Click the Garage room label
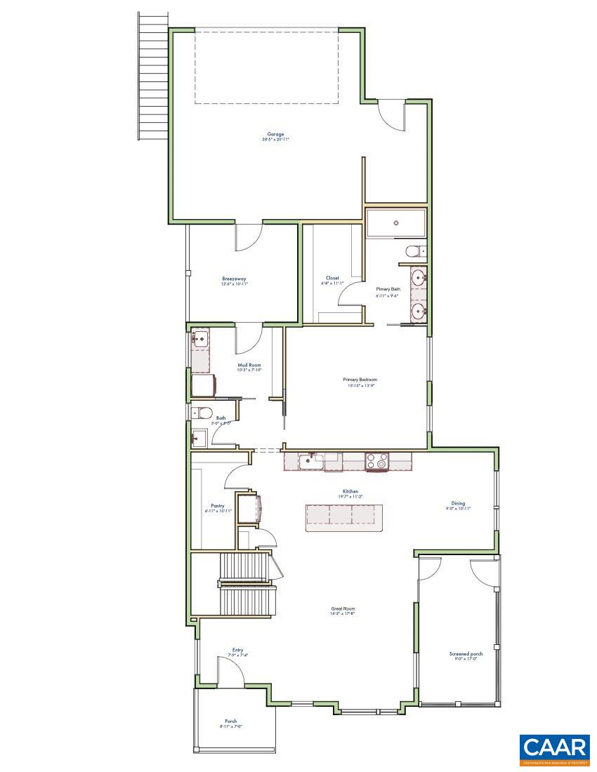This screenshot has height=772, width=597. pyautogui.click(x=275, y=134)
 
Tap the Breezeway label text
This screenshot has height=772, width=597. pyautogui.click(x=234, y=279)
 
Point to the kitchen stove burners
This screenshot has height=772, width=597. pyautogui.click(x=376, y=461)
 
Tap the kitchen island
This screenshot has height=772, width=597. pyautogui.click(x=343, y=517)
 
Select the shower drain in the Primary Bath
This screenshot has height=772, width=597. pyautogui.click(x=396, y=223)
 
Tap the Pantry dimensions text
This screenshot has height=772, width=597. pyautogui.click(x=218, y=511)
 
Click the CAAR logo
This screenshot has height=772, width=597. pyautogui.click(x=554, y=750)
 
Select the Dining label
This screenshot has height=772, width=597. pyautogui.click(x=458, y=503)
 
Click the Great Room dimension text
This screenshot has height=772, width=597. pyautogui.click(x=343, y=613)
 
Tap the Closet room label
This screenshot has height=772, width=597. pyautogui.click(x=332, y=278)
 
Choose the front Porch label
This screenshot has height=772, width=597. pyautogui.click(x=230, y=721)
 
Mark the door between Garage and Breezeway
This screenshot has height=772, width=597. pyautogui.click(x=249, y=237)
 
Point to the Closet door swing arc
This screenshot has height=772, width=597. pyautogui.click(x=349, y=295)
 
